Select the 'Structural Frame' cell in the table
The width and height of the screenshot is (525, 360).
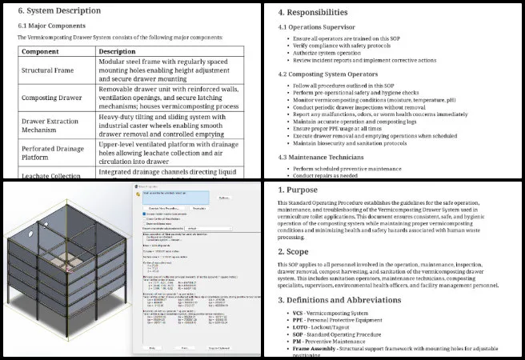(48, 70)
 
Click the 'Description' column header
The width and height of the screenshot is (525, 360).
(117, 51)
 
